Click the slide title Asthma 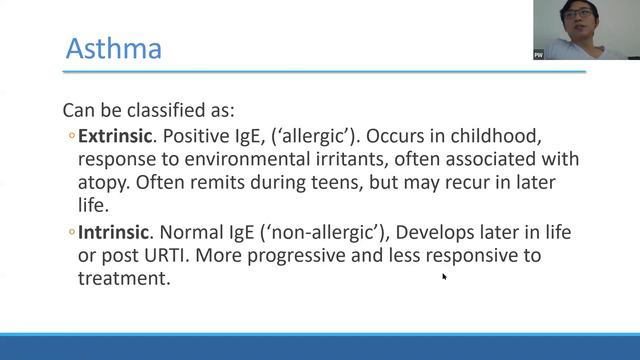point(113,47)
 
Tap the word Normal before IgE point(194,232)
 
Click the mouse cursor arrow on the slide point(444,276)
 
